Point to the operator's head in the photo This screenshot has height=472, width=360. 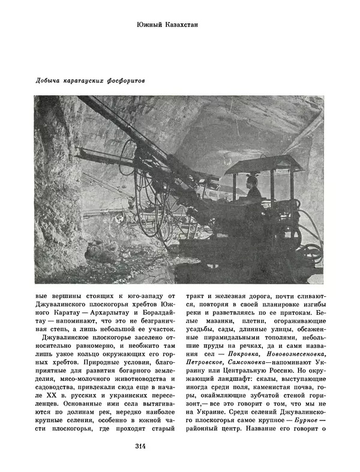point(253,181)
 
